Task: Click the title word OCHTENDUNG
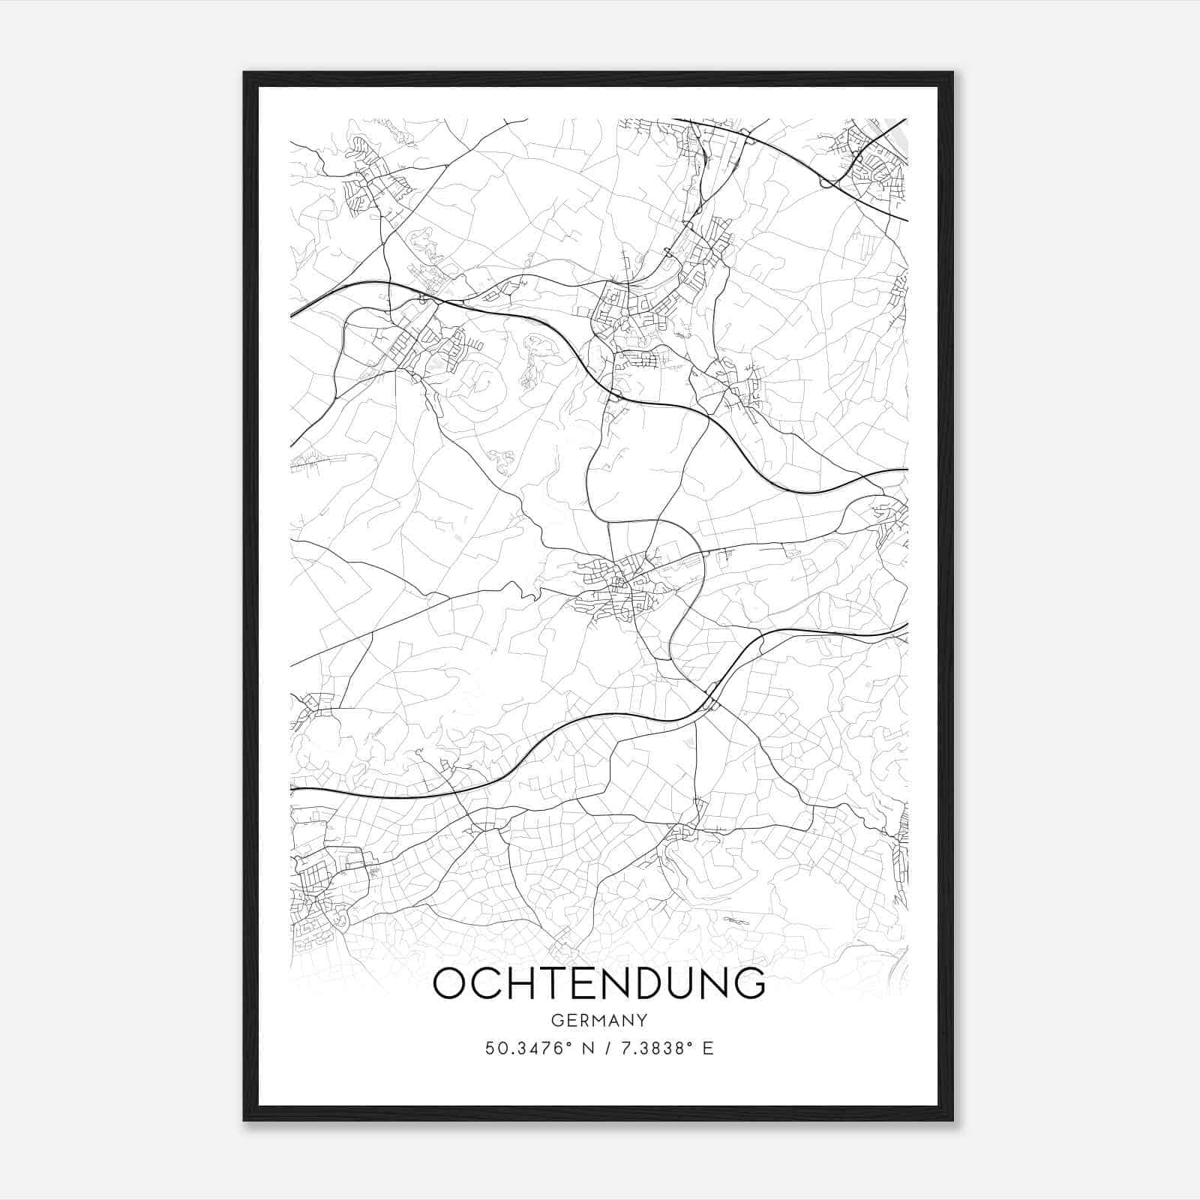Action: (599, 983)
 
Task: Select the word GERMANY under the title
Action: (599, 1021)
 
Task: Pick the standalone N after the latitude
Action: (589, 1048)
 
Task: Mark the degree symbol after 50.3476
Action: (571, 1044)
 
